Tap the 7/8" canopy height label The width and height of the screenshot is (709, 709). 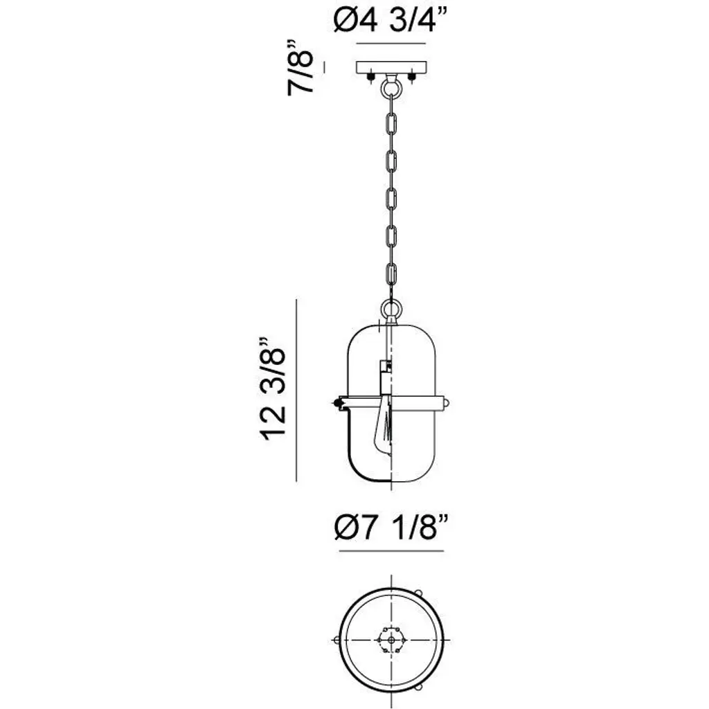300,68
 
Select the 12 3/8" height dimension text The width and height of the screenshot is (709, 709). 273,388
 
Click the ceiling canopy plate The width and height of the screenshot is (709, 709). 392,68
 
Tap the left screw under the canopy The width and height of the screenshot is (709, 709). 371,78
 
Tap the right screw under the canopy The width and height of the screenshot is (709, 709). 411,78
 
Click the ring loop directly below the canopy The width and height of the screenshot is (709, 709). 391,87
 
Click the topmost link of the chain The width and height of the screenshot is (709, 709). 392,123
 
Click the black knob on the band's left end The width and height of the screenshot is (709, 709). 336,402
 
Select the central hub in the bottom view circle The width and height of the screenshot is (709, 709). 391,640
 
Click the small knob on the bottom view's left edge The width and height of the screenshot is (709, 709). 336,640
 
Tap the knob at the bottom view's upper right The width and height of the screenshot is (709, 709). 418,593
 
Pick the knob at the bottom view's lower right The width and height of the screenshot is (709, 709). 418,688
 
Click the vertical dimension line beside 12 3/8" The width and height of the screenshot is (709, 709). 296,390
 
